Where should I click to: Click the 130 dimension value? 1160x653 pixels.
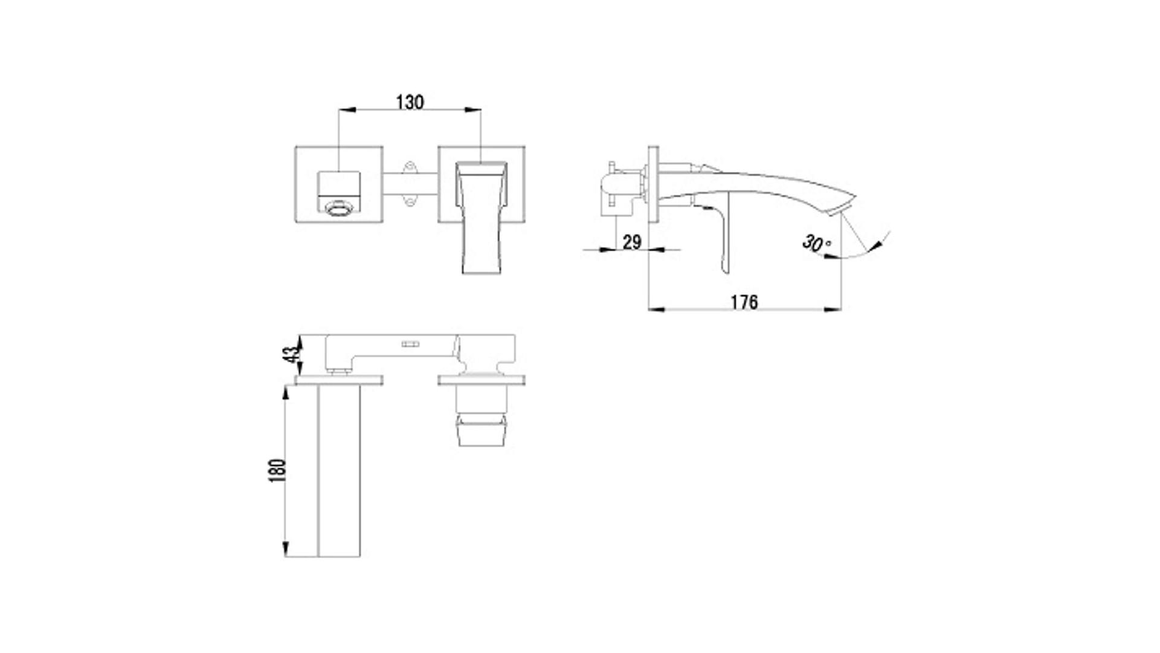410,102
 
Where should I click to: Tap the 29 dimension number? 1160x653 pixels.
631,242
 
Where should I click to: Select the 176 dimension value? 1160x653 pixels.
744,302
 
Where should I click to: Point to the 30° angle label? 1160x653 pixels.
816,243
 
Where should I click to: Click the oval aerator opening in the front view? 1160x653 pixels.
338,209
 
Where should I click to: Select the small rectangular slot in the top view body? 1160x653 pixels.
411,344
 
